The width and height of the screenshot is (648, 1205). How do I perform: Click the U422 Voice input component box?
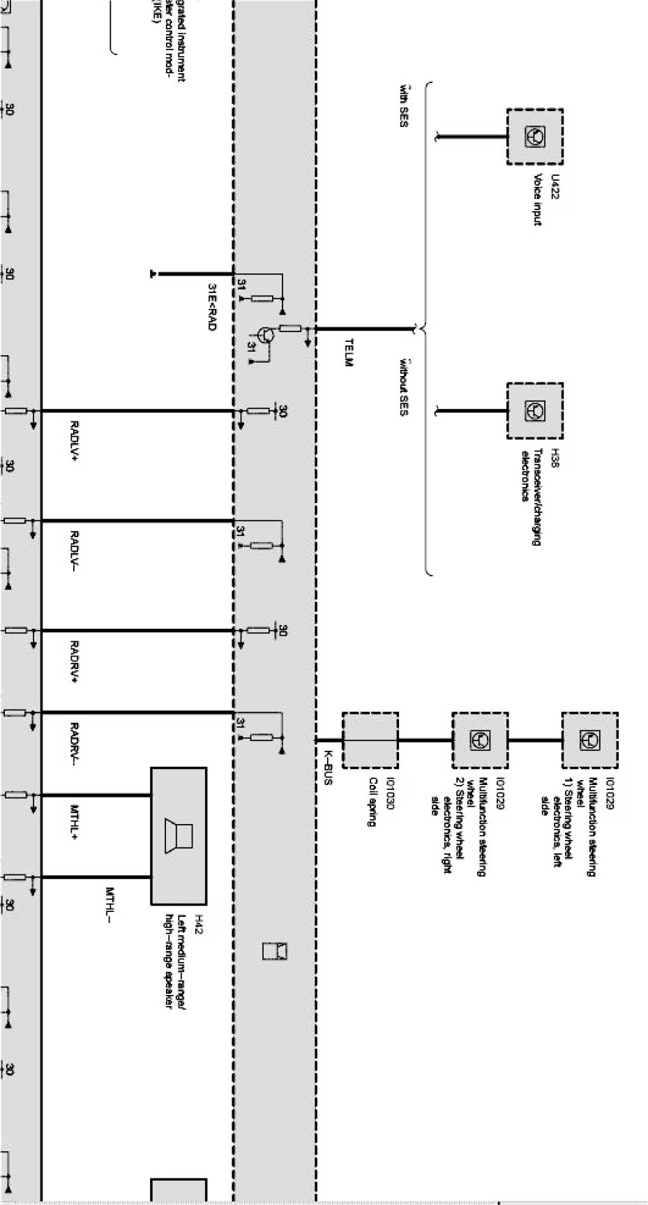(534, 137)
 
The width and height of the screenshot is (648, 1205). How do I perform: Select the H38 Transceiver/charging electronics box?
(534, 410)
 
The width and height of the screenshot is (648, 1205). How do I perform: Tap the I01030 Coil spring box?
(370, 740)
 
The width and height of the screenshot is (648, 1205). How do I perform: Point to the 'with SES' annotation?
(403, 109)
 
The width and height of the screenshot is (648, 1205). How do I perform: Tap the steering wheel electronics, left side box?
(589, 740)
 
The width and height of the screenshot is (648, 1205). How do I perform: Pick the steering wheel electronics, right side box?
(480, 740)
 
